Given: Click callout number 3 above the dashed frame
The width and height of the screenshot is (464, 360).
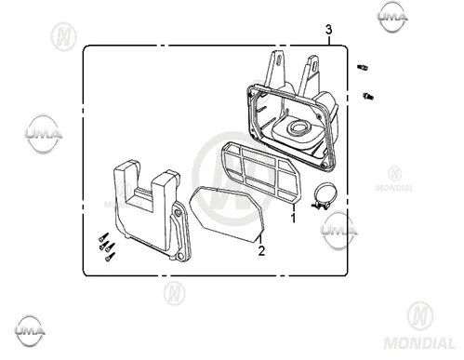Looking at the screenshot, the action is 328,30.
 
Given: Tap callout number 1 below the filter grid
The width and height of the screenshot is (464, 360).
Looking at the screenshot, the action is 293,218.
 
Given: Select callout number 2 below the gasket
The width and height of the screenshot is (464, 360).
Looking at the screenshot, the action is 261,251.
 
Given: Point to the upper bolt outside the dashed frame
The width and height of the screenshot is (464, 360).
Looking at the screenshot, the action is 363,67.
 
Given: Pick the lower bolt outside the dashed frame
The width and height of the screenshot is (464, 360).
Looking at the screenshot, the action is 368,97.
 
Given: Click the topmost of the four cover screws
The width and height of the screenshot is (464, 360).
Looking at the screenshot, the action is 103,237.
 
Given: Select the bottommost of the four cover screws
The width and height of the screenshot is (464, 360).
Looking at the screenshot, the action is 110,257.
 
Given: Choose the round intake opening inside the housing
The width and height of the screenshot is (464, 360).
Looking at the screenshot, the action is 298,127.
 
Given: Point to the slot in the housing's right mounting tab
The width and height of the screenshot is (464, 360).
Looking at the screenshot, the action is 314,67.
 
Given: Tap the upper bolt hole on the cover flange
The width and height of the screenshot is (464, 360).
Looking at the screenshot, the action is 177,212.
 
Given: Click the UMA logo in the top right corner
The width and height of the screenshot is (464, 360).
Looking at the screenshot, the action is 392,17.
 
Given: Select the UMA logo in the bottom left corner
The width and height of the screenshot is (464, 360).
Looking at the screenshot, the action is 30,331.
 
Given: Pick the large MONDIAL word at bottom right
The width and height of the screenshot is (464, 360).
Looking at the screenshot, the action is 419,343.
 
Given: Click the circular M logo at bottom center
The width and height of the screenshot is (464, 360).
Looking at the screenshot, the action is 175,293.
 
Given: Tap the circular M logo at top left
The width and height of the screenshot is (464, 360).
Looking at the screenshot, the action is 63,36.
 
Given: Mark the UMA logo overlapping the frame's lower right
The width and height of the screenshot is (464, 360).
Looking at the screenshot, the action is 338,231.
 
